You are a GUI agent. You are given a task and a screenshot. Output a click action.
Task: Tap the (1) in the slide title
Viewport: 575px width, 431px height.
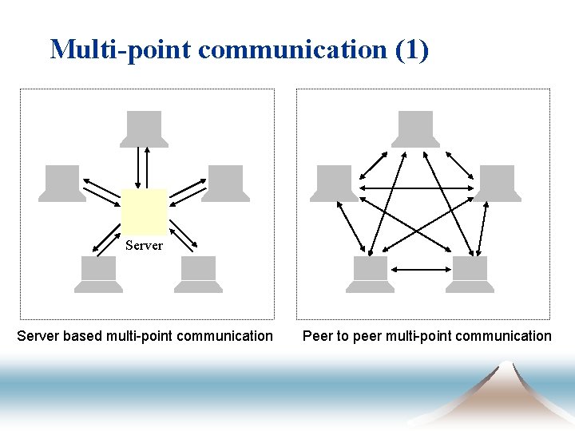click(x=411, y=49)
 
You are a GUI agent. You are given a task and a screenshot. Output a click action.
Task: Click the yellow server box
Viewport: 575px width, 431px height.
click(x=144, y=212)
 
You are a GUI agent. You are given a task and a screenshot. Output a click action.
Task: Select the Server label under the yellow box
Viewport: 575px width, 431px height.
click(x=144, y=246)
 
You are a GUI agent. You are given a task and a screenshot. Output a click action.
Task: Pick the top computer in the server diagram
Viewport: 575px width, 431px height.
click(x=144, y=129)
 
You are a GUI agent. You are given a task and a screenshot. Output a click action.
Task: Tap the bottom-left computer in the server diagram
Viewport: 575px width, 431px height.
click(x=99, y=275)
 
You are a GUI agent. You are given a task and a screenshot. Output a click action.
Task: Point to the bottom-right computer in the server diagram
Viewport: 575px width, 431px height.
click(x=197, y=275)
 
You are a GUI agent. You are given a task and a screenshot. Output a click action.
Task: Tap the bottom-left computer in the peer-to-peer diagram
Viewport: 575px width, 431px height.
click(x=370, y=275)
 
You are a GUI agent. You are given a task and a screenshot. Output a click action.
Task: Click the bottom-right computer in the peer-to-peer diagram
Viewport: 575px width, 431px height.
click(x=469, y=275)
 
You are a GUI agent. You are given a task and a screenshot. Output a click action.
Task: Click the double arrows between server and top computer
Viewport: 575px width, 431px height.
click(x=144, y=167)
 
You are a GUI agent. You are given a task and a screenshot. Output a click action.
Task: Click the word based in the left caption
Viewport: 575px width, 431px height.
click(x=82, y=336)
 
